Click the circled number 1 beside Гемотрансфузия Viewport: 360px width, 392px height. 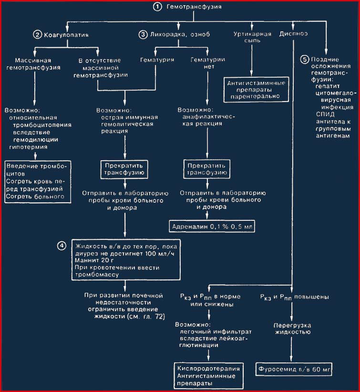[x=157, y=7]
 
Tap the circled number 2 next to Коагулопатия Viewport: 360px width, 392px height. [x=37, y=34]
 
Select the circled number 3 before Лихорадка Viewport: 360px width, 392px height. [x=143, y=34]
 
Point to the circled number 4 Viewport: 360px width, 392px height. [x=62, y=246]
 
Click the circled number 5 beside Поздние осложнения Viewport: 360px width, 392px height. [x=305, y=60]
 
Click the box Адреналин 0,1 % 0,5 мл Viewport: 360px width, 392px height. [x=212, y=227]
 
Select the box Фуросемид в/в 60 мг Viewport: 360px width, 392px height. [x=294, y=369]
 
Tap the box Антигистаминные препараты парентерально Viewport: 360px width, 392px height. [x=256, y=90]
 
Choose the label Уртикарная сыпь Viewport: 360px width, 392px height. [x=252, y=37]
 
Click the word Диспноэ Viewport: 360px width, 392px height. [x=293, y=34]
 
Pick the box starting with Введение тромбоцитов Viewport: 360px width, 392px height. [x=38, y=182]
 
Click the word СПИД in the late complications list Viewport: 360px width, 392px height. [x=325, y=114]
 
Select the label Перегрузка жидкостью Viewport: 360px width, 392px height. [x=292, y=329]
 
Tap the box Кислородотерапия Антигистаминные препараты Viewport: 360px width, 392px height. [x=208, y=376]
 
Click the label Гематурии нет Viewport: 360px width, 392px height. [x=208, y=63]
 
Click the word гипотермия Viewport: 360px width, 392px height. [x=28, y=147]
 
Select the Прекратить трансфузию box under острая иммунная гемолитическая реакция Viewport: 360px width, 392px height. [x=124, y=169]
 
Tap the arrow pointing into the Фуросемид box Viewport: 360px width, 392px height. [x=291, y=350]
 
